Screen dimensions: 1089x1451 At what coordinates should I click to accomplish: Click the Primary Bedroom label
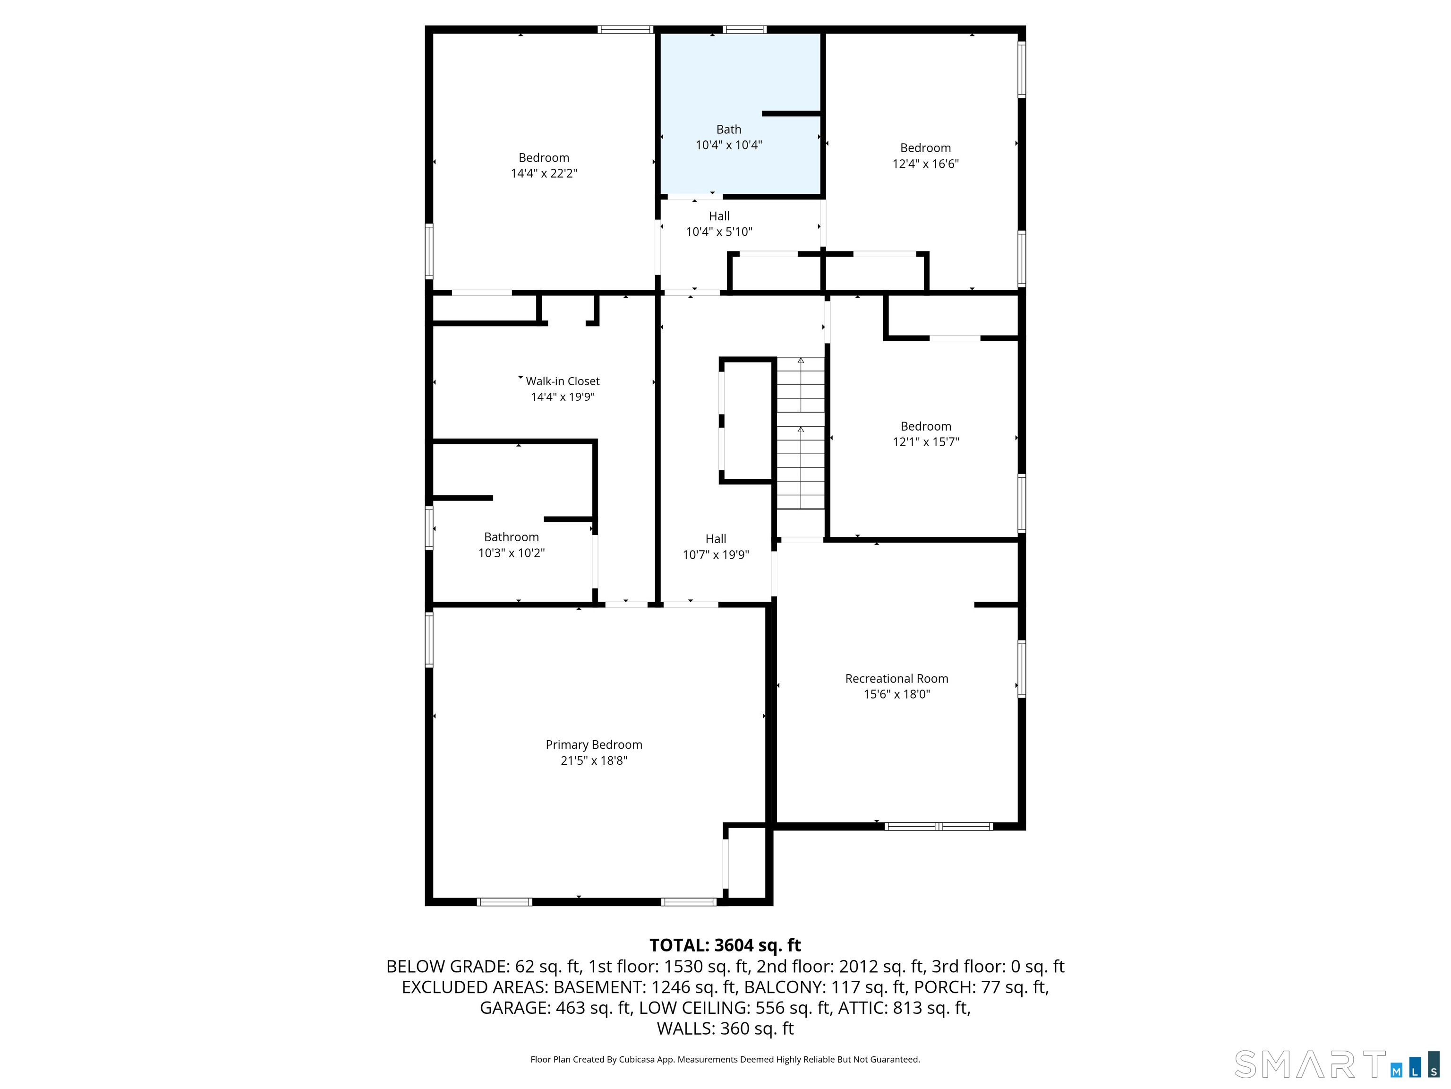(594, 744)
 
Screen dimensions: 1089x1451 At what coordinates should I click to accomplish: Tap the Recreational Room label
(896, 678)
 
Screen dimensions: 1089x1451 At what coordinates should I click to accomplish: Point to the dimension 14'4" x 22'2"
(544, 173)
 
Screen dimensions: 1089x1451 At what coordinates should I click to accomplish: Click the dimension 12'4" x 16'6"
(925, 164)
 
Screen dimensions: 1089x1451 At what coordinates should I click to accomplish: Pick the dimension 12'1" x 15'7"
(926, 442)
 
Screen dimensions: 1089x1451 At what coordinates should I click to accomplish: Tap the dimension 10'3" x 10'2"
(511, 553)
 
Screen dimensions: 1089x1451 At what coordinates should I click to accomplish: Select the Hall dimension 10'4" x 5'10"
(719, 232)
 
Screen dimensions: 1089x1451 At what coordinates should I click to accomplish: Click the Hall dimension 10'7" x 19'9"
(716, 555)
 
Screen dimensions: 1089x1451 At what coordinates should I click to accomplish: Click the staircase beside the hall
(800, 433)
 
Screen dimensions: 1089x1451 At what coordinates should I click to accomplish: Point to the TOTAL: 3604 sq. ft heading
(725, 945)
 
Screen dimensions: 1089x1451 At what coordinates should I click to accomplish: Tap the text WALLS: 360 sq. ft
(725, 1028)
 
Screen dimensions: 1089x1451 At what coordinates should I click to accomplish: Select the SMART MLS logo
(1338, 1065)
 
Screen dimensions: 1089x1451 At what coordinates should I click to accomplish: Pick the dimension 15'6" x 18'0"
(896, 694)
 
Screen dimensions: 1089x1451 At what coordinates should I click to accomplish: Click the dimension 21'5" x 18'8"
(594, 761)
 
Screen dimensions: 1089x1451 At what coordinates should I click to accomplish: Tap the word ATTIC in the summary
(862, 1008)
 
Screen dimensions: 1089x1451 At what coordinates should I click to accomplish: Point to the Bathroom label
(511, 537)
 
